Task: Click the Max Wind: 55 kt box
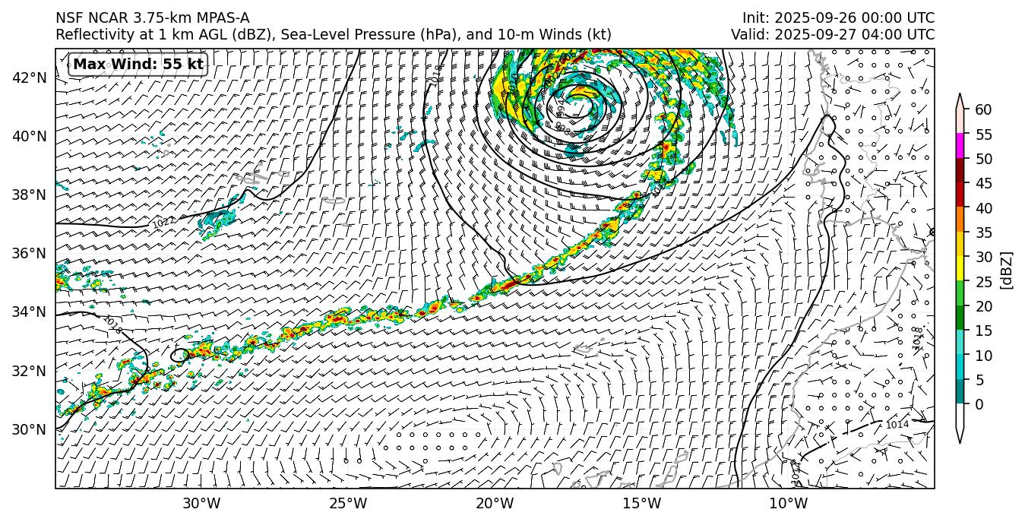click(x=138, y=65)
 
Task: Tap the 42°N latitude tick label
click(x=30, y=78)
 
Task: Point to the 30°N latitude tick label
click(x=30, y=429)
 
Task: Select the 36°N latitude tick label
click(x=30, y=253)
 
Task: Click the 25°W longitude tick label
click(x=348, y=503)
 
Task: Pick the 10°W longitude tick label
click(x=788, y=503)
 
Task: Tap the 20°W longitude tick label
click(x=495, y=503)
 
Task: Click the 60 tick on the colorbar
click(x=983, y=110)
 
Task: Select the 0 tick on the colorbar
click(x=979, y=404)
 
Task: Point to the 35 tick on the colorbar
click(x=983, y=233)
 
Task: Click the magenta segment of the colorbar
click(x=960, y=146)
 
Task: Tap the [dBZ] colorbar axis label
click(x=1007, y=270)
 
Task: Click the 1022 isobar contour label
click(x=163, y=223)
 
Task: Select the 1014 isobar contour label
click(x=897, y=424)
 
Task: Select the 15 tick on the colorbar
click(x=983, y=331)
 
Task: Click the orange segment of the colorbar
click(x=960, y=220)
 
